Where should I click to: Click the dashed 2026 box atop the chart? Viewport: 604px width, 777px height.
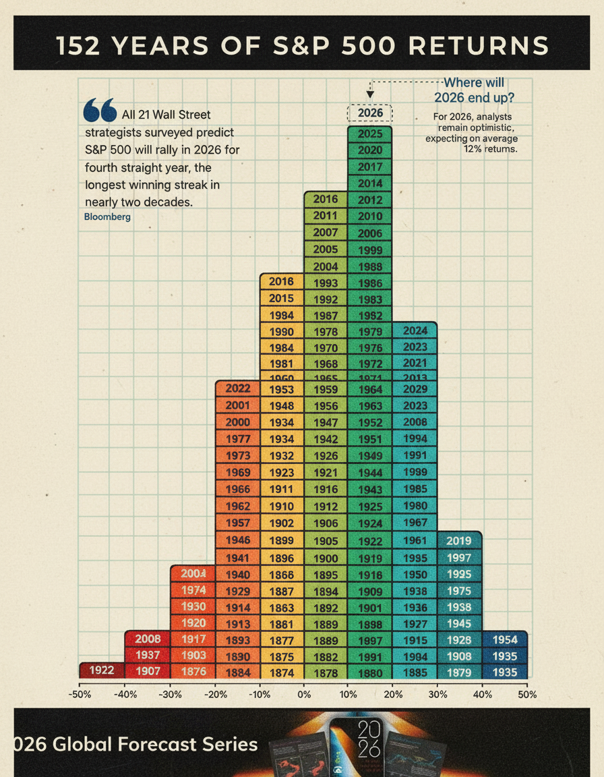pyautogui.click(x=370, y=113)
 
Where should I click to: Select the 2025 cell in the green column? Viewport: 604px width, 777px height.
pyautogui.click(x=370, y=134)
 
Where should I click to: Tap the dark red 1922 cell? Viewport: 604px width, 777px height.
pyautogui.click(x=102, y=670)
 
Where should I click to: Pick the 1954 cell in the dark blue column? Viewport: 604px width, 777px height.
pyautogui.click(x=505, y=639)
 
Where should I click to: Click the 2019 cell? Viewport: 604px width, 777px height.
pyautogui.click(x=459, y=540)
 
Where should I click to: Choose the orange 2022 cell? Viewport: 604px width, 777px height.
pyautogui.click(x=238, y=388)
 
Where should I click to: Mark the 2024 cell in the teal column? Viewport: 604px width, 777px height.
pyautogui.click(x=415, y=330)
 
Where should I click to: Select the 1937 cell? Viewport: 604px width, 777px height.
pyautogui.click(x=148, y=655)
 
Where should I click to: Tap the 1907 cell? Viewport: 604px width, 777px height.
pyautogui.click(x=148, y=671)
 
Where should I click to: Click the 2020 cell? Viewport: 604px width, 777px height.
pyautogui.click(x=370, y=150)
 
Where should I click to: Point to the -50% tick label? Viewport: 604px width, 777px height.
pyautogui.click(x=80, y=695)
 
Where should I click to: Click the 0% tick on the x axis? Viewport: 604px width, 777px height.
pyautogui.click(x=304, y=695)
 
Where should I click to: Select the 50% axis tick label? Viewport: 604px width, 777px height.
pyautogui.click(x=527, y=695)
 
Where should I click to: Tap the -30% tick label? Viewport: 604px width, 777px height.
pyautogui.click(x=169, y=695)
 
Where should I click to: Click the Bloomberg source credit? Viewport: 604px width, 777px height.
pyautogui.click(x=108, y=217)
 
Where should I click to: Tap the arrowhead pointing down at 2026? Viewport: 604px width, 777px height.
pyautogui.click(x=370, y=96)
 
